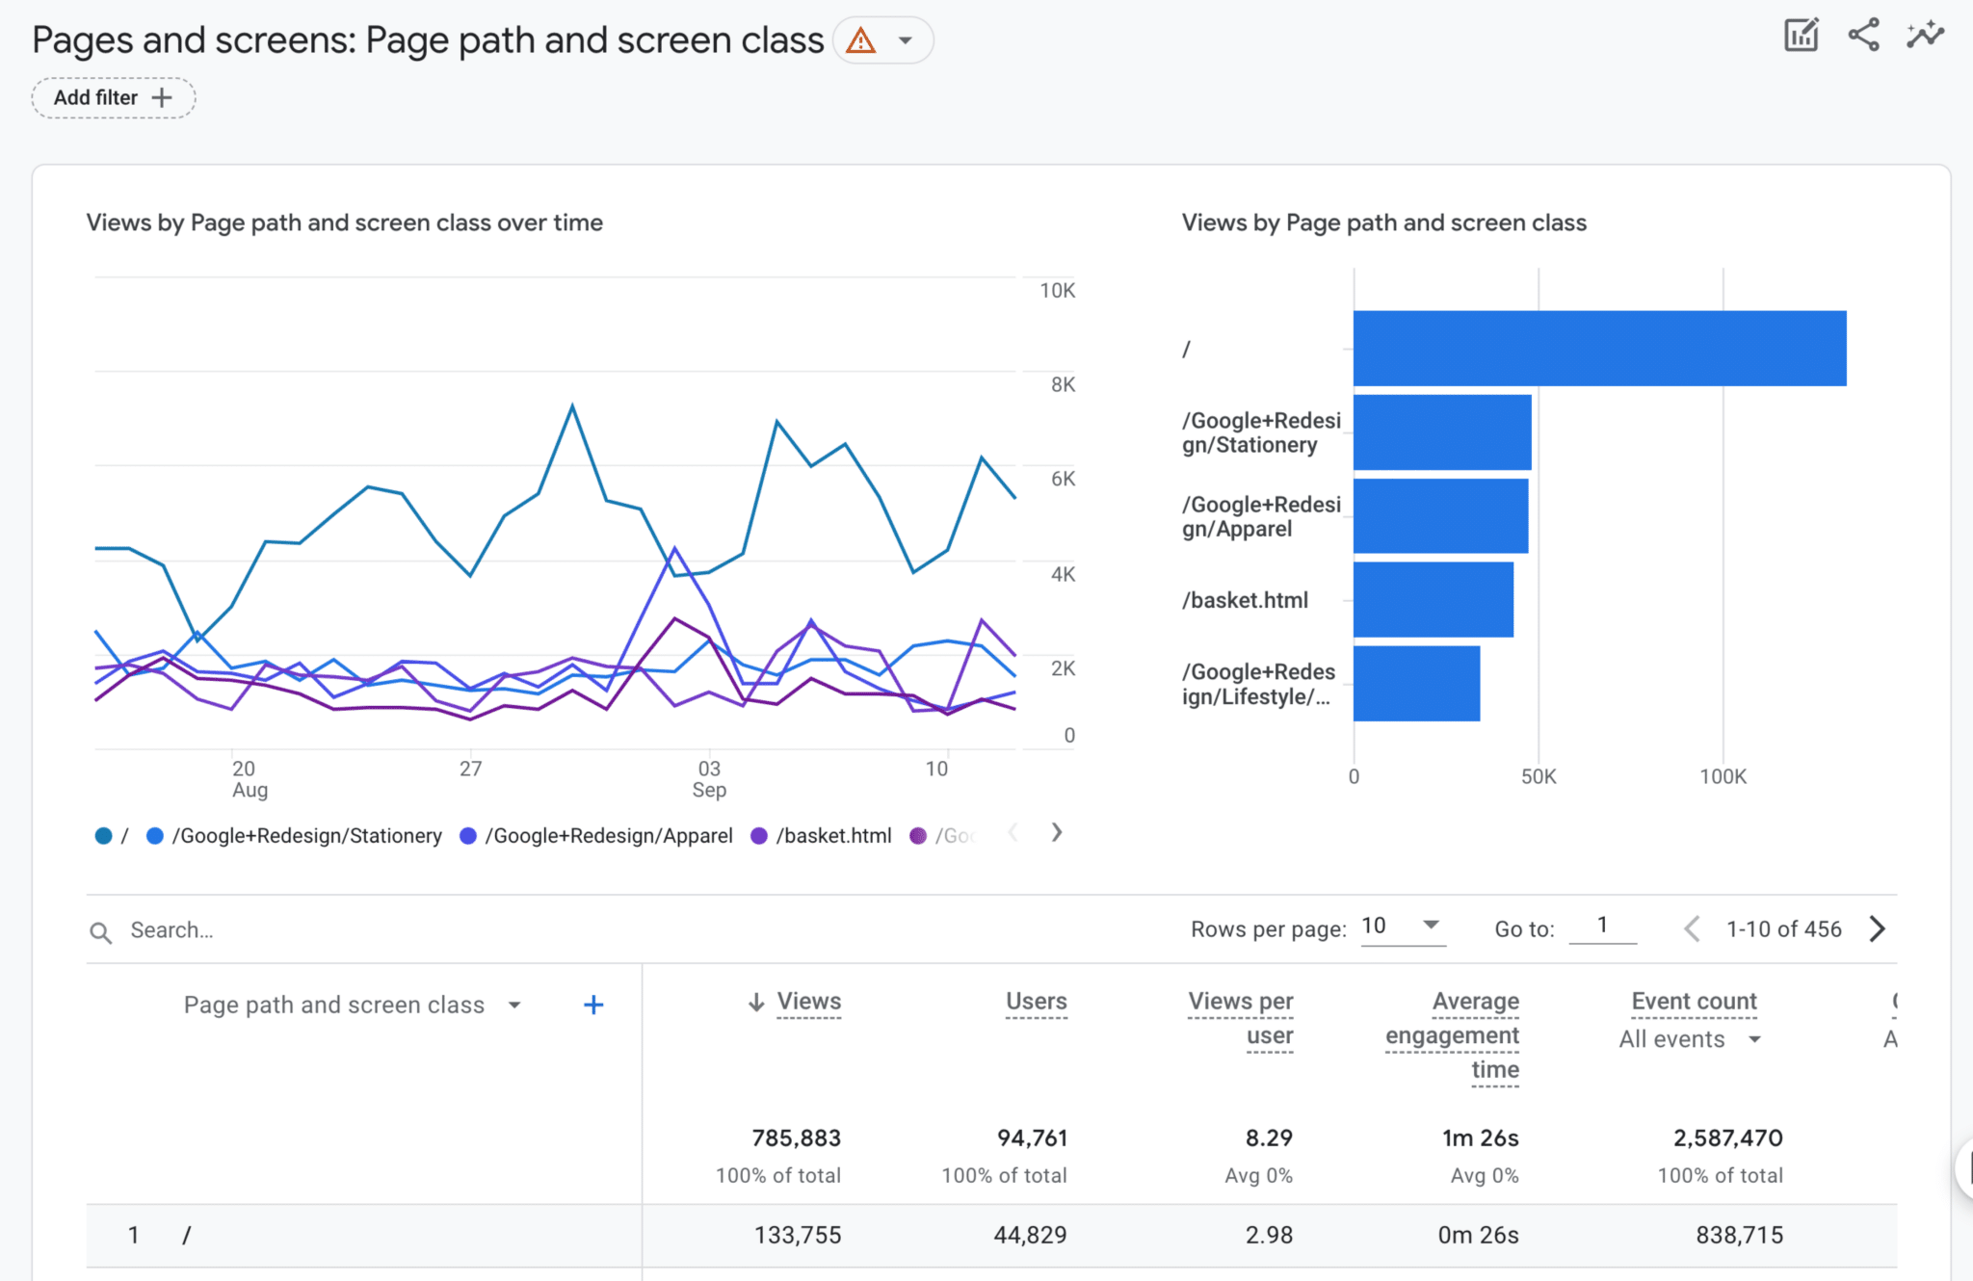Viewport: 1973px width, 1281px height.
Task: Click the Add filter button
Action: click(113, 98)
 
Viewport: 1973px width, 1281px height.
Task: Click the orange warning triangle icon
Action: click(860, 41)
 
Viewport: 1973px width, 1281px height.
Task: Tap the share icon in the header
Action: click(1863, 36)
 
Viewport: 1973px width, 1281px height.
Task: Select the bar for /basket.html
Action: click(1433, 600)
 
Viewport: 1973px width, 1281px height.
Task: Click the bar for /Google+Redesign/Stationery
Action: click(1441, 432)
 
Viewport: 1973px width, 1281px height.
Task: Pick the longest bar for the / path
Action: click(1599, 349)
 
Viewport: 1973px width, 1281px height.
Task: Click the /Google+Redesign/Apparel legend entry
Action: click(608, 836)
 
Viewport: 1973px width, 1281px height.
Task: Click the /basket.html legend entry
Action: click(832, 836)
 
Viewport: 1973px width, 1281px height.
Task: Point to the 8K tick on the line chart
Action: click(1063, 384)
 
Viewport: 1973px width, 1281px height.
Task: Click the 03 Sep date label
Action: click(709, 779)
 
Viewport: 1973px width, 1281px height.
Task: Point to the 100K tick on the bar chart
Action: click(1723, 776)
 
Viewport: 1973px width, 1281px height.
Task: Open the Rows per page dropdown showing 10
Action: click(1402, 927)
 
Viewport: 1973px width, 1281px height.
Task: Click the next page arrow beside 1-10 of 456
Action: click(1877, 929)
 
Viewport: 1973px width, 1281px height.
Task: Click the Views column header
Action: click(808, 1002)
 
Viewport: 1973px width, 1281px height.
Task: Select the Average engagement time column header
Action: click(1453, 1035)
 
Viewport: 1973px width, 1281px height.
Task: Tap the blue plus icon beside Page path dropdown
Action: click(593, 1006)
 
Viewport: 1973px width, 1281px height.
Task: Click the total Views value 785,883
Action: click(796, 1138)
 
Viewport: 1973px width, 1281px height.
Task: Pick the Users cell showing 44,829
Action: click(1030, 1235)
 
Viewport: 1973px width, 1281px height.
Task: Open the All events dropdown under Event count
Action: click(1690, 1039)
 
